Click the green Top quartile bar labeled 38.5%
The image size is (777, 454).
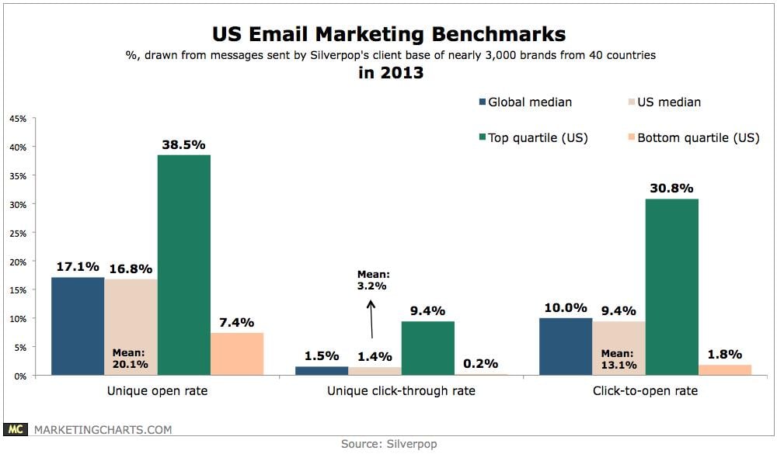tap(183, 265)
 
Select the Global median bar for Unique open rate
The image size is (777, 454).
tap(78, 326)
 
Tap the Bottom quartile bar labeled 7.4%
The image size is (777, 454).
tap(237, 354)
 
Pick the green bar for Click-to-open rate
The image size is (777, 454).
tap(671, 287)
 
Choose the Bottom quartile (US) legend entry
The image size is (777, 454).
tap(691, 138)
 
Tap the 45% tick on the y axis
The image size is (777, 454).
tap(18, 119)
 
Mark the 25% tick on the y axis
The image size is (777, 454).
tap(18, 233)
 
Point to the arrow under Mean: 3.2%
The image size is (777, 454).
tap(372, 318)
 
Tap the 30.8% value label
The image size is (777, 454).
tap(672, 188)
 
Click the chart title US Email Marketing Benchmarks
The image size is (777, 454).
tap(388, 34)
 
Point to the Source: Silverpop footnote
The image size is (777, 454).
tap(388, 445)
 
